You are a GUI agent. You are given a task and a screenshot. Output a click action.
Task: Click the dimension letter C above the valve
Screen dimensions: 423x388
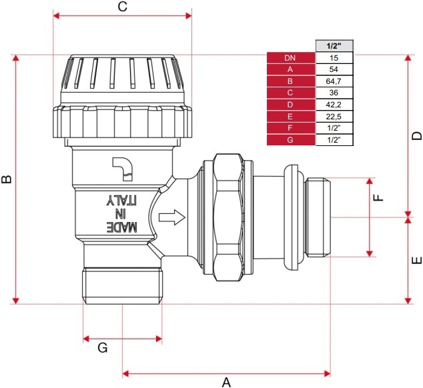pyautogui.click(x=123, y=7)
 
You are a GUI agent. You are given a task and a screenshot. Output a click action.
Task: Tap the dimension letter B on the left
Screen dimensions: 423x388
pyautogui.click(x=7, y=179)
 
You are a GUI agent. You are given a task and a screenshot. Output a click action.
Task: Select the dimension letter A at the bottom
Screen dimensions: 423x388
pyautogui.click(x=226, y=382)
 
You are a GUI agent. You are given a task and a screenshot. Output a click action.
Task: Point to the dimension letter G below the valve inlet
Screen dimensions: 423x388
pyautogui.click(x=103, y=348)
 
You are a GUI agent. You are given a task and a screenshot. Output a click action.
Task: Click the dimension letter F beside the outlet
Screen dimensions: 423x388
pyautogui.click(x=378, y=197)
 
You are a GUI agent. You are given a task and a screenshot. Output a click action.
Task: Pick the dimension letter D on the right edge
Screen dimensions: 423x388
pyautogui.click(x=416, y=135)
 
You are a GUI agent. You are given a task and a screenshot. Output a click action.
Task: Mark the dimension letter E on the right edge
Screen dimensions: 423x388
pyautogui.click(x=416, y=260)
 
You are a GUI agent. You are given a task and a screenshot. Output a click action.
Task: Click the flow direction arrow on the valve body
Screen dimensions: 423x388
pyautogui.click(x=172, y=217)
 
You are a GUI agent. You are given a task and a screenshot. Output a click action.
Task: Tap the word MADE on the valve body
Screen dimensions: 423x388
pyautogui.click(x=122, y=227)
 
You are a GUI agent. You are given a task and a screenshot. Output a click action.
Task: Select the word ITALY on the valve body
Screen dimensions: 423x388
pyautogui.click(x=122, y=199)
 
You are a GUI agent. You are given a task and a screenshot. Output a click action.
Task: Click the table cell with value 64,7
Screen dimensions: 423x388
pyautogui.click(x=334, y=81)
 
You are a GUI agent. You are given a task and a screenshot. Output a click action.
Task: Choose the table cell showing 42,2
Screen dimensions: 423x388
pyautogui.click(x=334, y=105)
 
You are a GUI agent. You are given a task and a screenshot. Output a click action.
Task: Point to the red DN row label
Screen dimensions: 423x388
pyautogui.click(x=291, y=58)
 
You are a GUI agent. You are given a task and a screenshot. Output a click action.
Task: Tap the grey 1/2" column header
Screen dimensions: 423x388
pyautogui.click(x=334, y=46)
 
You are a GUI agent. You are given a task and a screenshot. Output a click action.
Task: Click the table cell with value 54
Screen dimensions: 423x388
pyautogui.click(x=334, y=69)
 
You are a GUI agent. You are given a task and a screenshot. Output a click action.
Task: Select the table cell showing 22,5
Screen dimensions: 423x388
pyautogui.click(x=334, y=117)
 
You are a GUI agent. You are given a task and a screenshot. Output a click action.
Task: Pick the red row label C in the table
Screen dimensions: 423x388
pyautogui.click(x=291, y=93)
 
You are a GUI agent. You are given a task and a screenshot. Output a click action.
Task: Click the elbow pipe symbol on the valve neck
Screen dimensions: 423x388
pyautogui.click(x=122, y=169)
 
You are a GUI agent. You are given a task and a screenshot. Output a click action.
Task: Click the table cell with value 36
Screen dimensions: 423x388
pyautogui.click(x=334, y=93)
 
